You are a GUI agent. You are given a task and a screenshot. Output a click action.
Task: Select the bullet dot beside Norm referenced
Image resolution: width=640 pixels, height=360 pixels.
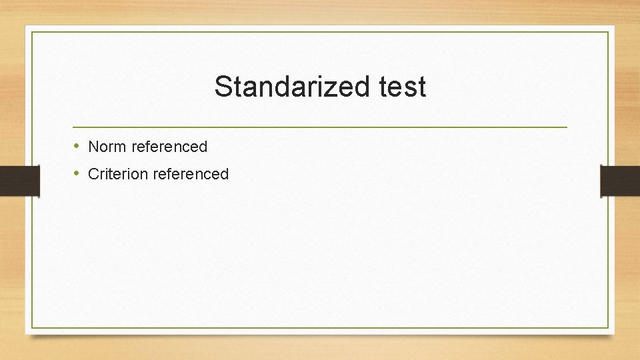click(x=77, y=145)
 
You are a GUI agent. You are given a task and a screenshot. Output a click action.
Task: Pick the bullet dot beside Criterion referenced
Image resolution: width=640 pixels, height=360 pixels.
click(x=77, y=173)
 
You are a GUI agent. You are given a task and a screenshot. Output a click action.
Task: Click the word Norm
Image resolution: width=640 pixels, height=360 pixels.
click(x=107, y=146)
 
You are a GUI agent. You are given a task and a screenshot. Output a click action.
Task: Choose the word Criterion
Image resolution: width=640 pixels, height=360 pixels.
click(x=118, y=174)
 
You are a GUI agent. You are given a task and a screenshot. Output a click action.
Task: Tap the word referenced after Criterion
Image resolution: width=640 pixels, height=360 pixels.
click(x=191, y=174)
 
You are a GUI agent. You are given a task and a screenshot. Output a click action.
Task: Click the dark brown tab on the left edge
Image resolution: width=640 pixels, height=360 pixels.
click(x=19, y=181)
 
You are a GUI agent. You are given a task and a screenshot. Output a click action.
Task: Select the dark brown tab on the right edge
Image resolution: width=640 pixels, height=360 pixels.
click(x=620, y=181)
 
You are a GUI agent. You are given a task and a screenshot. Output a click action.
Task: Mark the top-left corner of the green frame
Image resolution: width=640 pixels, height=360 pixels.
click(x=32, y=32)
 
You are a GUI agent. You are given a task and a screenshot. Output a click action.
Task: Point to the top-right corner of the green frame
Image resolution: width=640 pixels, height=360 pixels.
click(x=608, y=32)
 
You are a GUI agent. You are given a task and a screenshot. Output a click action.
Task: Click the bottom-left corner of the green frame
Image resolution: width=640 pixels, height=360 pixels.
click(x=32, y=328)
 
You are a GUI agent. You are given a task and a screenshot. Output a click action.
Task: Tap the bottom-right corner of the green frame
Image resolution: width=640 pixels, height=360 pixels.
click(x=608, y=328)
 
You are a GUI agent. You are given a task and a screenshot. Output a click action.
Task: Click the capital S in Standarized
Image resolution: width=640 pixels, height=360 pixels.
click(x=223, y=87)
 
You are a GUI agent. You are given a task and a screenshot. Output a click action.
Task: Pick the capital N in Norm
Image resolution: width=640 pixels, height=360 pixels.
click(x=93, y=146)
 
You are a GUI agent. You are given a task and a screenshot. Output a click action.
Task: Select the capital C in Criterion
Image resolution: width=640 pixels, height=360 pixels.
click(x=94, y=174)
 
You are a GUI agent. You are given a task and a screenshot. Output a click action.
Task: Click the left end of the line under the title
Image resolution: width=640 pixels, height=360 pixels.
click(x=73, y=127)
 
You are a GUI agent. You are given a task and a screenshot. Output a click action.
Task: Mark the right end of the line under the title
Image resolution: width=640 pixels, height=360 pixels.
click(x=567, y=127)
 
